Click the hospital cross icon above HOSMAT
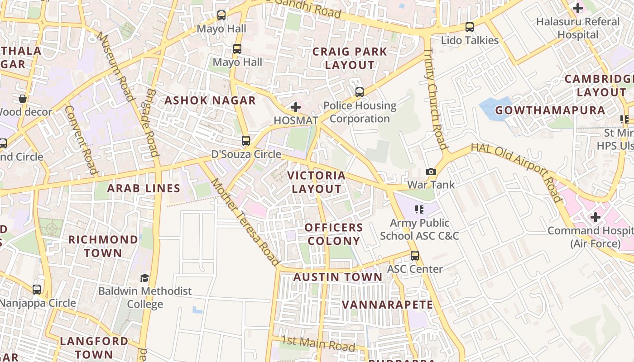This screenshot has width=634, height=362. pos(296,107)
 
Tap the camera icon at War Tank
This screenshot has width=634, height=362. pos(431,171)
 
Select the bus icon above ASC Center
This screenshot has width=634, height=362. pos(414,256)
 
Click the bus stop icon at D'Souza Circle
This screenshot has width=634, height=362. pos(246,141)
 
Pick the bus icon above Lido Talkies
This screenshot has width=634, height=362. pos(470,27)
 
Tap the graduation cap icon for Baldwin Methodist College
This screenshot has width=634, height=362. pos(144,278)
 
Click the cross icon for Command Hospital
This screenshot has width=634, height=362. pos(595,217)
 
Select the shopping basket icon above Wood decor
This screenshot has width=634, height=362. pos(22,99)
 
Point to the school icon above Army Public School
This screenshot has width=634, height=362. pos(419,210)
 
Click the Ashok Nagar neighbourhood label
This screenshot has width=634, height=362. pos(210,100)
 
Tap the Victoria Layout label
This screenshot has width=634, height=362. pos(317,182)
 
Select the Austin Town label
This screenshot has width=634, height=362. pos(338,277)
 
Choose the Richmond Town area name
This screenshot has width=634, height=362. pos(103,246)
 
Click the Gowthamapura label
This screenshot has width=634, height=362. pos(550,110)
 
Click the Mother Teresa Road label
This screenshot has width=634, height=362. pos(245,222)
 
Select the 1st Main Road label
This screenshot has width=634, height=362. pos(318,343)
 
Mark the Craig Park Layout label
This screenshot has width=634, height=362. pos(350,58)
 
